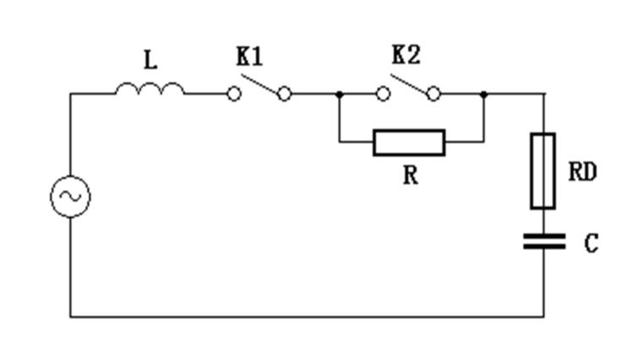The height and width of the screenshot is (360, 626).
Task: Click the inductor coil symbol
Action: pos(150,89)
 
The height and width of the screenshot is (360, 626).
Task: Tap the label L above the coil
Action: pos(150,61)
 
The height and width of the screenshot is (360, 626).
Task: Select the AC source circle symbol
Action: pos(69,197)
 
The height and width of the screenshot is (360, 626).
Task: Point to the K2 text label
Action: pos(406,56)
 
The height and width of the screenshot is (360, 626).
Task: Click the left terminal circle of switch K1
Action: pos(234,94)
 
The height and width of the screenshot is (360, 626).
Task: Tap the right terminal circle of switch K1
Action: pos(285,94)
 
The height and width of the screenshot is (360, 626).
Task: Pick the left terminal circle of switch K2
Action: pos(383,94)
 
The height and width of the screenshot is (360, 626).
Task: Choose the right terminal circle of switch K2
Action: pos(433,94)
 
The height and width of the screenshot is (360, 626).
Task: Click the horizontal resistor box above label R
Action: pos(409,142)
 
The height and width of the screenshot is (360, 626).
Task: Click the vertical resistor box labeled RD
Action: pos(542,170)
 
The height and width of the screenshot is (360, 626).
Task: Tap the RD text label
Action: pos(583,172)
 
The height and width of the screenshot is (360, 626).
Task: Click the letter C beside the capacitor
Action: pos(591,244)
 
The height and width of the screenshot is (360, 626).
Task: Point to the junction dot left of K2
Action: pos(339,94)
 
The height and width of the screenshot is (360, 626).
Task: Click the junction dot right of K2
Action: pos(483,94)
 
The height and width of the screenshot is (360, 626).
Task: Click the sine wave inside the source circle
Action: pos(69,197)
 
